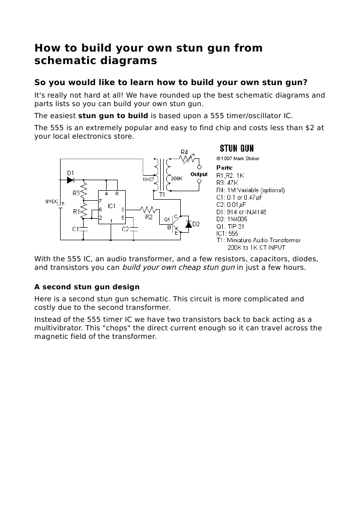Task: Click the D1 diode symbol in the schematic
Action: click(70, 180)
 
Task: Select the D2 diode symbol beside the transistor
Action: click(188, 224)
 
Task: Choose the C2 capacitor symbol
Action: click(135, 228)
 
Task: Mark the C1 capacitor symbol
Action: click(84, 229)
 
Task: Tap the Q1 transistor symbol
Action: click(175, 224)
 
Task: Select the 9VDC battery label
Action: click(52, 201)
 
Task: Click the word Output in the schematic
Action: click(199, 175)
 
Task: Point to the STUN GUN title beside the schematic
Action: click(237, 148)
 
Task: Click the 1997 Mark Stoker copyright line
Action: click(238, 159)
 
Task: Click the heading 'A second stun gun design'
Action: click(87, 287)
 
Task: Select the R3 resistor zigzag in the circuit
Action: click(84, 191)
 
